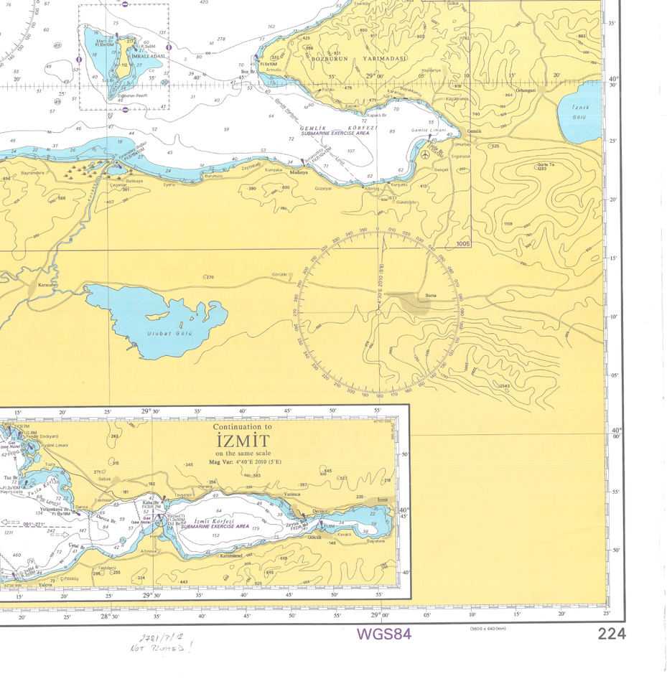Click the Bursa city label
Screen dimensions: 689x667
click(x=431, y=295)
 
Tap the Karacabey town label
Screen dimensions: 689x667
click(x=48, y=284)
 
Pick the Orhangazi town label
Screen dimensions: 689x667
click(x=526, y=90)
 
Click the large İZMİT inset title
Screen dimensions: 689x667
click(x=241, y=441)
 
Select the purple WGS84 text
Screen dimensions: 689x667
click(x=384, y=634)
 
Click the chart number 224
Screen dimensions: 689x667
click(x=611, y=634)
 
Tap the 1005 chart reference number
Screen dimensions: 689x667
click(x=462, y=244)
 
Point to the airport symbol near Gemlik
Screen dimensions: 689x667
click(x=426, y=154)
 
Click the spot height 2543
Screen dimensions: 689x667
click(x=505, y=386)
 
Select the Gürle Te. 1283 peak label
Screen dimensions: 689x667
click(x=542, y=167)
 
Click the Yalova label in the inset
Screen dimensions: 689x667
click(x=45, y=584)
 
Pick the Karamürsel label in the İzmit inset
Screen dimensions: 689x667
click(x=230, y=556)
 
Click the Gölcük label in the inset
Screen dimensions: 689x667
click(x=313, y=537)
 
